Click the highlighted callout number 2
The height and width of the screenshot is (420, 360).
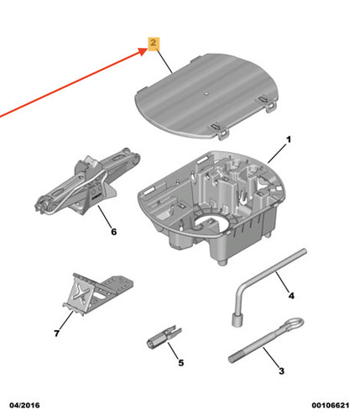[154, 44]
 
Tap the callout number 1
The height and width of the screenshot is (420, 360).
[289, 139]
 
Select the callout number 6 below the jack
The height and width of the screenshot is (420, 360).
[113, 232]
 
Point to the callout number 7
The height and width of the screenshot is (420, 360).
[57, 333]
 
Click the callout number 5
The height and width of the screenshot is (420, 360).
[181, 363]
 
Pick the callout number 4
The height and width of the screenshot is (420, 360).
[291, 296]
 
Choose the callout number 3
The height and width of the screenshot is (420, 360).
[281, 371]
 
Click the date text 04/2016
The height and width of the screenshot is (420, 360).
[24, 405]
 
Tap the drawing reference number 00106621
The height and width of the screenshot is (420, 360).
[331, 405]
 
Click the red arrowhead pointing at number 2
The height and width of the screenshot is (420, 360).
[144, 51]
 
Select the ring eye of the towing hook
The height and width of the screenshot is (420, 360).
[293, 323]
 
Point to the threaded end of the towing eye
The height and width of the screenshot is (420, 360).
[236, 358]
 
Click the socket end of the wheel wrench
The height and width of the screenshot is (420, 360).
[237, 320]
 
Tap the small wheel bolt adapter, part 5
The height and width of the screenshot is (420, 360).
[164, 337]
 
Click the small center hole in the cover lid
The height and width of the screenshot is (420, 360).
[206, 92]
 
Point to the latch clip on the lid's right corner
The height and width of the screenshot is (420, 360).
[268, 103]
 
